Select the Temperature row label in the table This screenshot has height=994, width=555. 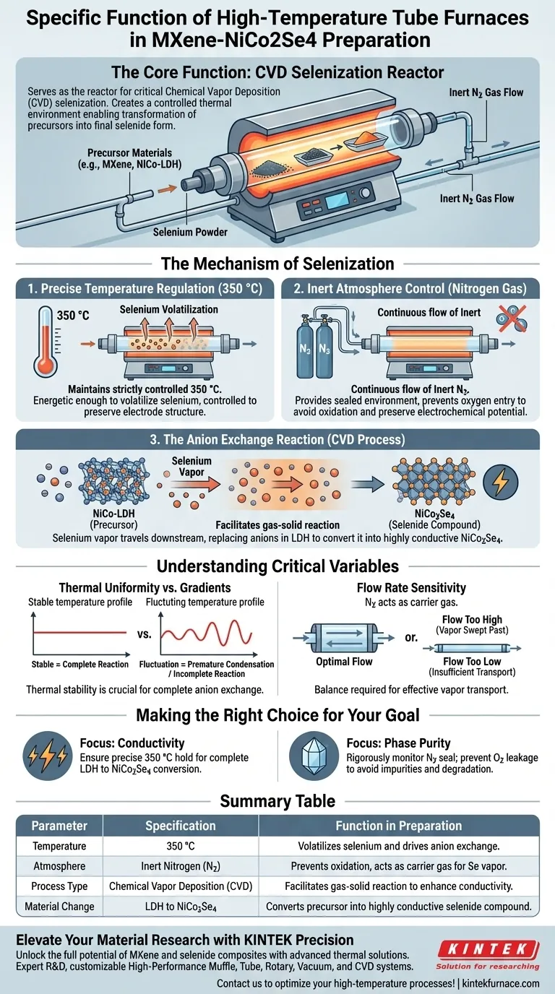[x=59, y=846]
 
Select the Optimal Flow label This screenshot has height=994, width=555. [x=344, y=661]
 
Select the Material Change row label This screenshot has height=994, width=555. [x=59, y=907]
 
